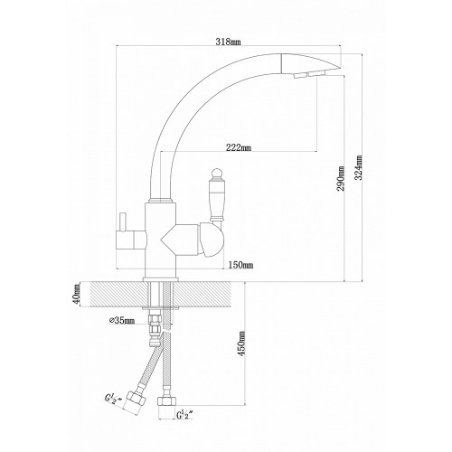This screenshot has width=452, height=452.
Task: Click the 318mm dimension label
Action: pyautogui.click(x=228, y=42)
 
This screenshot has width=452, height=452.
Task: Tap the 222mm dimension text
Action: pyautogui.click(x=239, y=147)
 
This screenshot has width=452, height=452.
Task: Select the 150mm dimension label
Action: pyautogui.click(x=240, y=265)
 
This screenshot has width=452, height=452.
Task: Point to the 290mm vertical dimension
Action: pyautogui.click(x=341, y=178)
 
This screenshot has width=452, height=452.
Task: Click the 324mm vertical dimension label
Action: pyautogui.click(x=358, y=168)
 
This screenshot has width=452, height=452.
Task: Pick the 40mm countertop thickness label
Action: pyautogui.click(x=77, y=295)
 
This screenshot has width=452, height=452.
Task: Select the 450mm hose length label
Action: pyautogui.click(x=242, y=344)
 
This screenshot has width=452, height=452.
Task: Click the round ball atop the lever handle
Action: pyautogui.click(x=217, y=174)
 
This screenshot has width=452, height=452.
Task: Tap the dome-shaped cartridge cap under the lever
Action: pyautogui.click(x=210, y=240)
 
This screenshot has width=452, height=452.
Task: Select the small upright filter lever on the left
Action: pyautogui.click(x=123, y=222)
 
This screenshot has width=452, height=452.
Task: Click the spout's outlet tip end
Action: pyautogui.click(x=341, y=67)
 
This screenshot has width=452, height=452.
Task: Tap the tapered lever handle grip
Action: pyautogui.click(x=217, y=200)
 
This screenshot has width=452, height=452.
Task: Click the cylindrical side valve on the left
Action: pyautogui.click(x=131, y=240)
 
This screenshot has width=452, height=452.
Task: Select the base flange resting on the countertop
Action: pyautogui.click(x=161, y=279)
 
